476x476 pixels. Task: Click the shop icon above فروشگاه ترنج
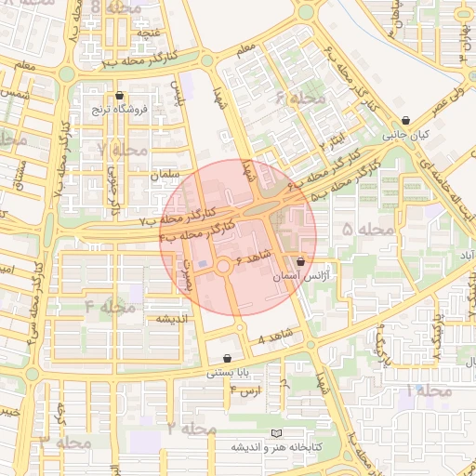(119, 96)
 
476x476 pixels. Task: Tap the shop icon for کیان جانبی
(406, 121)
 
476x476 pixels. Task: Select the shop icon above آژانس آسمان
(298, 263)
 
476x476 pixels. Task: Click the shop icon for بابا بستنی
(228, 359)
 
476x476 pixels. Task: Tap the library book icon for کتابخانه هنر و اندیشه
(274, 433)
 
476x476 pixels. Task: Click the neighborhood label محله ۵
(370, 229)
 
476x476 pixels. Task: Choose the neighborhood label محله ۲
(192, 429)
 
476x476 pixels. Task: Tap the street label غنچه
(146, 33)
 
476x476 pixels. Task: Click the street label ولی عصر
(445, 102)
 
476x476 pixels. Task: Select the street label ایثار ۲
(333, 142)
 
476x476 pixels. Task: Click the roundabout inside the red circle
(224, 268)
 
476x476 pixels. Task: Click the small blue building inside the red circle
(203, 264)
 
